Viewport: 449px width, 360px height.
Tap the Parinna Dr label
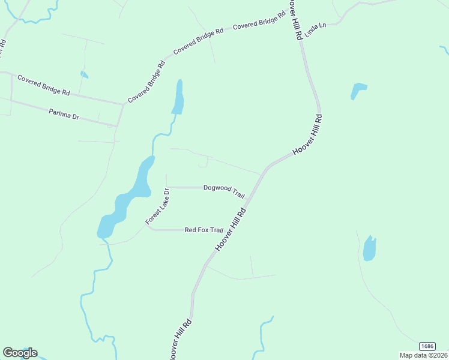click(x=64, y=113)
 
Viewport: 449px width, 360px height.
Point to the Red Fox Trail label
click(x=204, y=230)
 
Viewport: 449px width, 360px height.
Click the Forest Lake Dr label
click(x=158, y=206)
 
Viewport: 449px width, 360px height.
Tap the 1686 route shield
click(x=427, y=346)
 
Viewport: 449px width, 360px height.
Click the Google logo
click(x=20, y=353)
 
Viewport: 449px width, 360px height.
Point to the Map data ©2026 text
click(x=423, y=355)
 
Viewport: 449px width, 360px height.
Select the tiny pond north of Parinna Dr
click(x=84, y=75)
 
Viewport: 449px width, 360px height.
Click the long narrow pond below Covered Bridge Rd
click(x=178, y=97)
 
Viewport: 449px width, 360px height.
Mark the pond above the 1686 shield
click(x=369, y=248)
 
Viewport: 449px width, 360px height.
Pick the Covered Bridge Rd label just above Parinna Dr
click(x=44, y=85)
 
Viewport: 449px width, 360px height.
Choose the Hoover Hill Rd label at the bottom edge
click(x=181, y=340)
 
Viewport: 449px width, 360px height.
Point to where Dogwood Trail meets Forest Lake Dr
click(x=166, y=187)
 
